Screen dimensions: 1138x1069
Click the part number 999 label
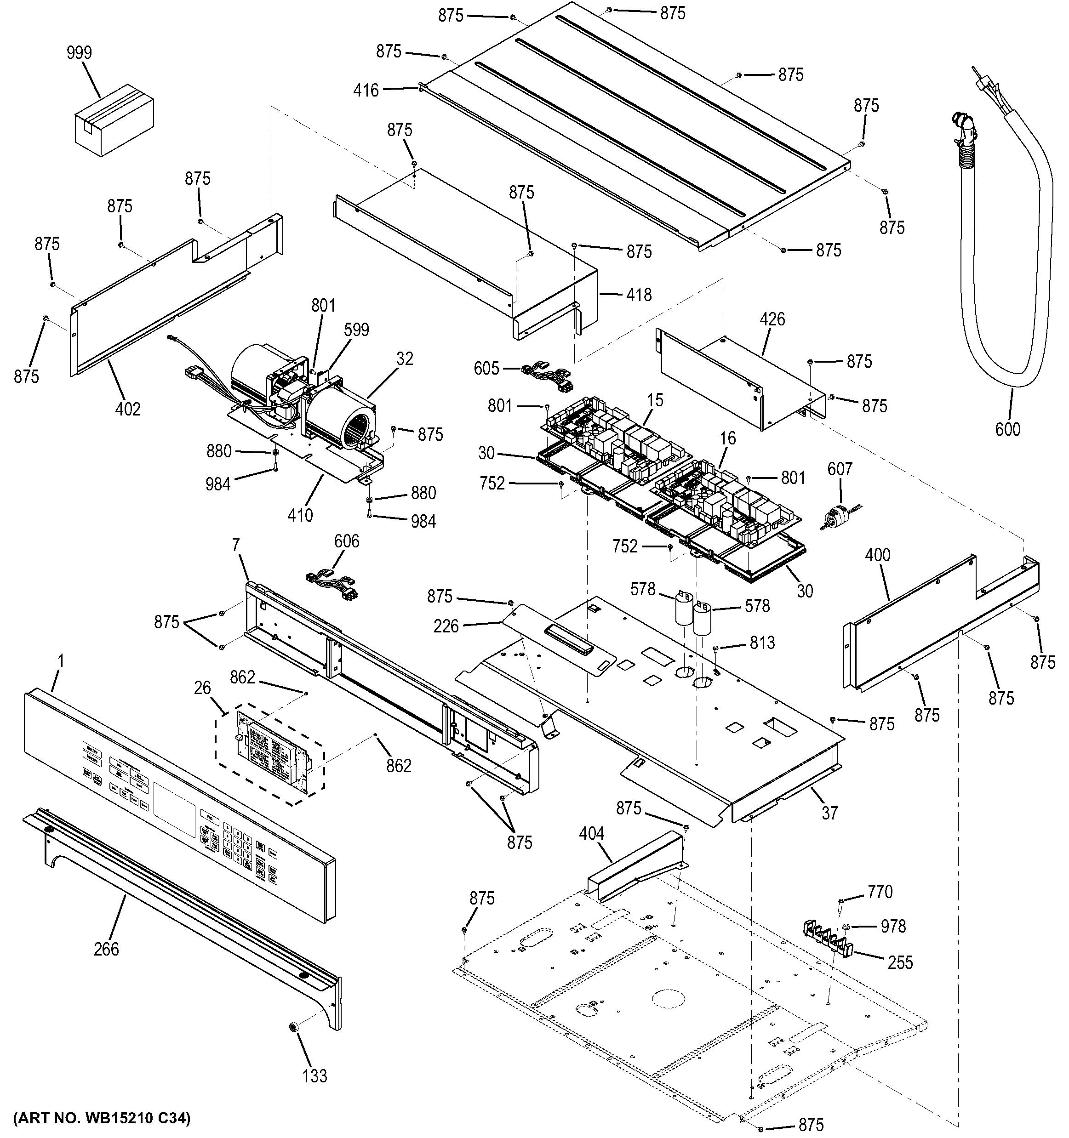[79, 53]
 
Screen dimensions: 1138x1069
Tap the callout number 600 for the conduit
[1007, 429]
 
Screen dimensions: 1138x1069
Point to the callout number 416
[366, 90]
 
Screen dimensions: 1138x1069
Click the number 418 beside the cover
[639, 294]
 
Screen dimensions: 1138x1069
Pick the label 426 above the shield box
[772, 319]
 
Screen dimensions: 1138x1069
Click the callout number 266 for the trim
[107, 949]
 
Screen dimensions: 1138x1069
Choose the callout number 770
[880, 892]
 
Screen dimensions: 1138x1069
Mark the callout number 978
[893, 926]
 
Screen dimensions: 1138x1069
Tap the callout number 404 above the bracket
[591, 833]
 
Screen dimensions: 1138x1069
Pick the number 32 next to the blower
[404, 358]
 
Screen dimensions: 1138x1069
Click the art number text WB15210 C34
[101, 1117]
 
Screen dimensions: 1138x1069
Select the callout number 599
[356, 330]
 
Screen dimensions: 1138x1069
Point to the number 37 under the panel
[829, 813]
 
